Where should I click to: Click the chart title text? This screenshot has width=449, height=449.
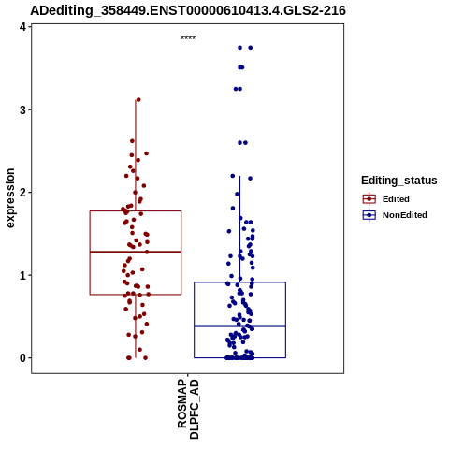click(x=188, y=10)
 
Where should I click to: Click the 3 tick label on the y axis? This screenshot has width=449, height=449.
click(x=22, y=109)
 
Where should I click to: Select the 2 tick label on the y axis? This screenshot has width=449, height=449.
click(x=22, y=193)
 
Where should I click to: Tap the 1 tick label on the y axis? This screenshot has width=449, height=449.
click(x=22, y=275)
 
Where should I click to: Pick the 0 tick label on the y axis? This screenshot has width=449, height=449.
click(x=22, y=358)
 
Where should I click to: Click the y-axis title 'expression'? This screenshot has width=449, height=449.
click(x=10, y=198)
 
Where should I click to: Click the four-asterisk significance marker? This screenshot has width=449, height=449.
click(x=188, y=38)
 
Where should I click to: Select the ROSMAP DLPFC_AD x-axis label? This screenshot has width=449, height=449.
click(x=188, y=409)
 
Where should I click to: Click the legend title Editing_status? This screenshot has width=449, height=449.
click(x=399, y=181)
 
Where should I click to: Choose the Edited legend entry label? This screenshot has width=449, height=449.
click(x=396, y=199)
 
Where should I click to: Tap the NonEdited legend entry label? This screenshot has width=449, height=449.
click(x=405, y=215)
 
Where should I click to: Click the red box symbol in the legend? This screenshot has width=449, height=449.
click(x=369, y=199)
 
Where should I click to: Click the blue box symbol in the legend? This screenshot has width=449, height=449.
click(x=369, y=215)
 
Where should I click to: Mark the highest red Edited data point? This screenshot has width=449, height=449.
click(x=138, y=100)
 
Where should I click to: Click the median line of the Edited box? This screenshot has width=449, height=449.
click(x=136, y=252)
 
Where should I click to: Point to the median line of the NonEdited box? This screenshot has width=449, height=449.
click(x=239, y=326)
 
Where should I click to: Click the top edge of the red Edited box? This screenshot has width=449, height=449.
click(x=136, y=211)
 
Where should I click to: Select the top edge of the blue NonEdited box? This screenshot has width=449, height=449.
click(x=239, y=282)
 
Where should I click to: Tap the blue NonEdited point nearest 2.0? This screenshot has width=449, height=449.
click(x=237, y=194)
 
